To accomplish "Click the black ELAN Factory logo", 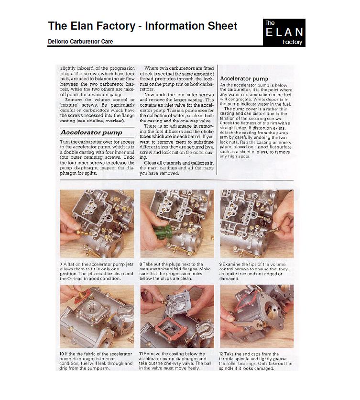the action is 284,33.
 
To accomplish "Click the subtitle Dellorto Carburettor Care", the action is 80,41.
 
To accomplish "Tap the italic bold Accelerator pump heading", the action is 91,133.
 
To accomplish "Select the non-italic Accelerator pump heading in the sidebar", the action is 244,78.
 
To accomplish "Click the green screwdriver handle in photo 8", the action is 163,233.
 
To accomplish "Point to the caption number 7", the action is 61,264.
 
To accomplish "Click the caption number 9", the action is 221,264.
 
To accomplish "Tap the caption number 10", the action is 62,354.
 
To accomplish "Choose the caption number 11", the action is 141,354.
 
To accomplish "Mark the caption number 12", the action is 221,354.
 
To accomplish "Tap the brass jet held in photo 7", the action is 82,233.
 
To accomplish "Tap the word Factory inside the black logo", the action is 293,42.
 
